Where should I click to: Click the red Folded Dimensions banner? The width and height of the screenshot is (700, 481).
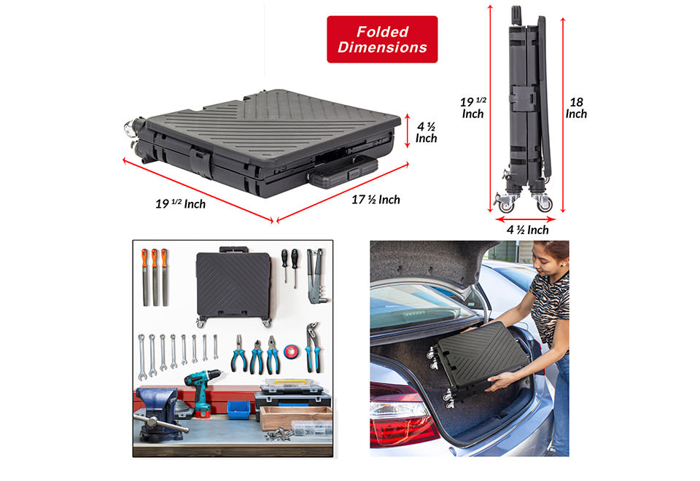[382, 39]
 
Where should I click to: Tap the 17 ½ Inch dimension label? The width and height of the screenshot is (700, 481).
[376, 200]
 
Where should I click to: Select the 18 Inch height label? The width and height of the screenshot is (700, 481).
[576, 108]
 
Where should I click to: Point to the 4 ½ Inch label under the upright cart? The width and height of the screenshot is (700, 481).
[527, 230]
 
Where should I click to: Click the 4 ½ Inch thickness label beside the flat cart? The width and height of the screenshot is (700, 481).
[426, 133]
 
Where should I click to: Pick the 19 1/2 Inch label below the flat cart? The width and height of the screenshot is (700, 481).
[180, 204]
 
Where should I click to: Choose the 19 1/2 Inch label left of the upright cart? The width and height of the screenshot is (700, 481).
[472, 108]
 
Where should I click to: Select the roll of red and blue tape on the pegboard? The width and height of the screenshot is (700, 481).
[292, 351]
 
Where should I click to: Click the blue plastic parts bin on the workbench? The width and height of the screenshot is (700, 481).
[239, 410]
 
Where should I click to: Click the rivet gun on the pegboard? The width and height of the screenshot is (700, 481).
[316, 275]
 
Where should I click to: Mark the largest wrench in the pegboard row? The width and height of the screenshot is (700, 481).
[142, 357]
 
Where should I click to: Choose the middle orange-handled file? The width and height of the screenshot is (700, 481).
[155, 277]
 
